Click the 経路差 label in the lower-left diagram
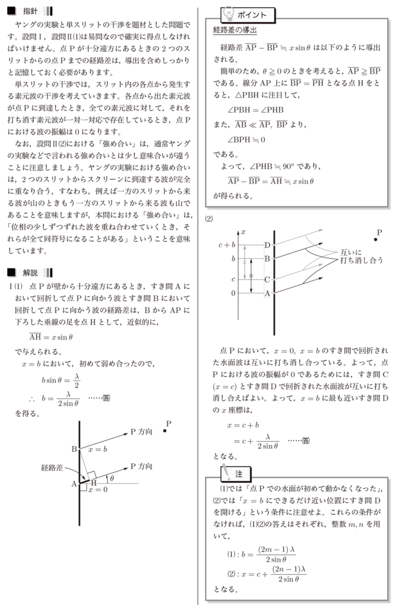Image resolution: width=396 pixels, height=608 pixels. click(x=52, y=468)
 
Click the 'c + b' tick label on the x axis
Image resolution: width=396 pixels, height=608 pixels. click(x=227, y=245)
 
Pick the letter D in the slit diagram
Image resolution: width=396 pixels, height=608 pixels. click(x=267, y=245)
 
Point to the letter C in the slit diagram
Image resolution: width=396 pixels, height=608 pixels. click(x=267, y=279)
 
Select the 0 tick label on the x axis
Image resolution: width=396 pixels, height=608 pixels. click(x=233, y=293)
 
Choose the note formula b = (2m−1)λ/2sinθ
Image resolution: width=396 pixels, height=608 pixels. click(x=261, y=554)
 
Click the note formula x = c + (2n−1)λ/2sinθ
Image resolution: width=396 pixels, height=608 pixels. click(x=267, y=574)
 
